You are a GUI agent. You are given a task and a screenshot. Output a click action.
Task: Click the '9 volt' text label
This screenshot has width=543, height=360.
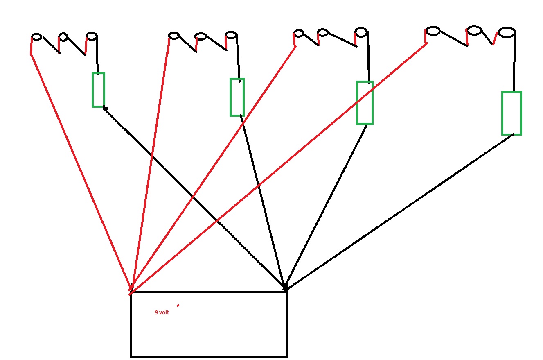(x=162, y=312)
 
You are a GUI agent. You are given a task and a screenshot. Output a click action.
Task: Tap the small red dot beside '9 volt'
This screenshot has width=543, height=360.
(x=178, y=305)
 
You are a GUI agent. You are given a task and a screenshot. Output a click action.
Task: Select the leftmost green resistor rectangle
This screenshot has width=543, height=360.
(x=98, y=90)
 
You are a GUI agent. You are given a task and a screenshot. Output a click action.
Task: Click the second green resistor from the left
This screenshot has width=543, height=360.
(x=237, y=97)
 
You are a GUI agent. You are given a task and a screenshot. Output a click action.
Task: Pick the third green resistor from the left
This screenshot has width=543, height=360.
(x=365, y=103)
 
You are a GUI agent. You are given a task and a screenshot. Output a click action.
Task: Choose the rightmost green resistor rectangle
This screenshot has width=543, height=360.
(x=511, y=113)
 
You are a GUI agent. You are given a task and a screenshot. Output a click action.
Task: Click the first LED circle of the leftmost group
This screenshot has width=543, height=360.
(x=37, y=37)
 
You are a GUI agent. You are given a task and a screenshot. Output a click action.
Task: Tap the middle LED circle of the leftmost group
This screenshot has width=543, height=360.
(x=63, y=37)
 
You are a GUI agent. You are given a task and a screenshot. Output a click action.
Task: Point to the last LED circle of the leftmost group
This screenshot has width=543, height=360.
(x=92, y=36)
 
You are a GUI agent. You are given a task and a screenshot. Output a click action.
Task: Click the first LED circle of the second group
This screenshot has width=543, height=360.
(x=174, y=36)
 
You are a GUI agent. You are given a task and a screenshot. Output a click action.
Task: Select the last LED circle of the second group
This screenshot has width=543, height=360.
(x=231, y=35)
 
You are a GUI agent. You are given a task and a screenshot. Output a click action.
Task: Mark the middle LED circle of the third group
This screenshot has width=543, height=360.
(x=323, y=32)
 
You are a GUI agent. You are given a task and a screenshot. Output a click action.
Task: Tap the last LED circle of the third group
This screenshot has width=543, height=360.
(x=361, y=32)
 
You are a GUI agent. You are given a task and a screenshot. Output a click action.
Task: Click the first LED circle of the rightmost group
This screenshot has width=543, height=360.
(x=433, y=31)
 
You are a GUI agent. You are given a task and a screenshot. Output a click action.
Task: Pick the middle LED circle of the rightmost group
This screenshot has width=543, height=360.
(x=475, y=30)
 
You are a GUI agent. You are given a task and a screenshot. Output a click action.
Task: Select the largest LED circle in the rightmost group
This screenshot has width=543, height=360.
(x=506, y=32)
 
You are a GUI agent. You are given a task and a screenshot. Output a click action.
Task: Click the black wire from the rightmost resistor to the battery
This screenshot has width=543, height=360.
(x=401, y=211)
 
